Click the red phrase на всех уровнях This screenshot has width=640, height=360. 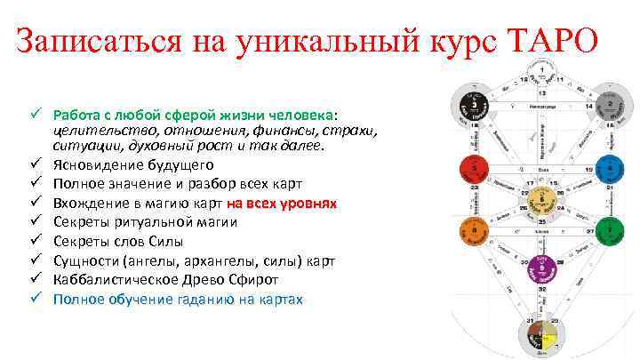pyautogui.click(x=281, y=203)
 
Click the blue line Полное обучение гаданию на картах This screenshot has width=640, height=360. pyautogui.click(x=178, y=300)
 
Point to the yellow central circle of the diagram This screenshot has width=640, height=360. pyautogui.click(x=541, y=198)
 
